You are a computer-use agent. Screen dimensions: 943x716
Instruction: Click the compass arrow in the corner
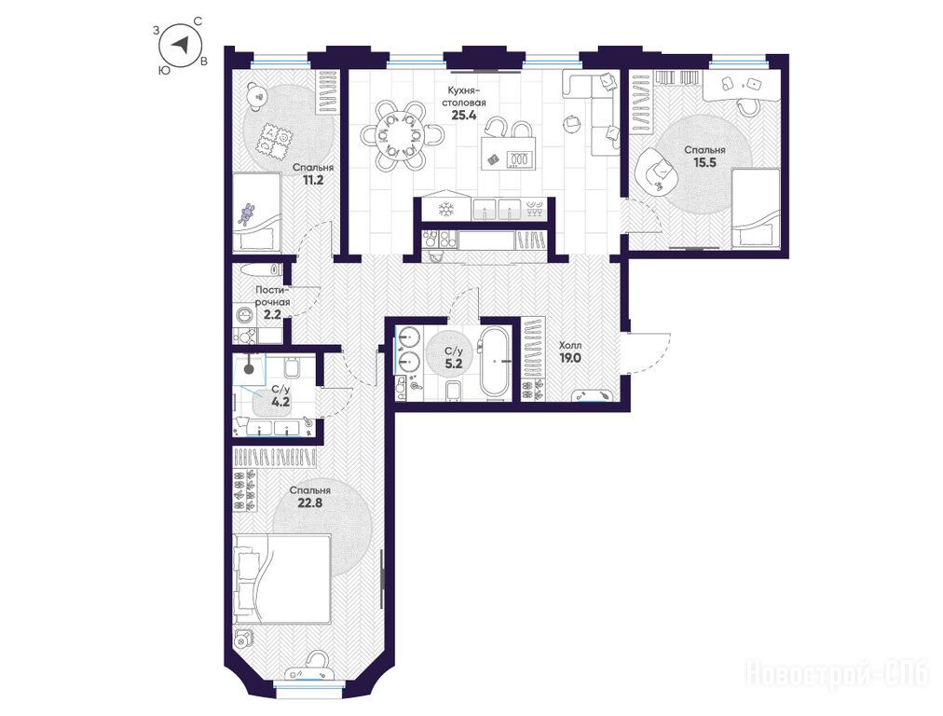click(182, 43)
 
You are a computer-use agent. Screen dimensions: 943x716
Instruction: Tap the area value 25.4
click(464, 116)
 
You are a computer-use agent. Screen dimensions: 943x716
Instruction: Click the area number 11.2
click(313, 179)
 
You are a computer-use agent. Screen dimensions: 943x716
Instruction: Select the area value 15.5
click(704, 162)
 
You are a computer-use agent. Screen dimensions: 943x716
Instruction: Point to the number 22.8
click(309, 503)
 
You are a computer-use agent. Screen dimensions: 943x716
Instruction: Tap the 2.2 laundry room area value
click(272, 313)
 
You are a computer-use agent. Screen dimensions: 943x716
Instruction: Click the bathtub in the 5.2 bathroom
click(496, 363)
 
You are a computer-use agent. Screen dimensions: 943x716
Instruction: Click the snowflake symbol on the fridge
click(445, 210)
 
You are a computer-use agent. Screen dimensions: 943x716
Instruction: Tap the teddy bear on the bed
click(247, 214)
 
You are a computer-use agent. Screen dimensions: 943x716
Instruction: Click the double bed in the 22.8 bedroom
click(281, 579)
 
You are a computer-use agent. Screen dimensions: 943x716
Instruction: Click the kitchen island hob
click(519, 158)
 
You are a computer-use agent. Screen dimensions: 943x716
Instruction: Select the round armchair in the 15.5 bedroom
click(654, 171)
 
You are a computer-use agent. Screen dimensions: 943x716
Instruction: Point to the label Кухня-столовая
click(463, 96)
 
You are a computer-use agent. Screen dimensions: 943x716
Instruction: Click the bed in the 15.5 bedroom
click(756, 208)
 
